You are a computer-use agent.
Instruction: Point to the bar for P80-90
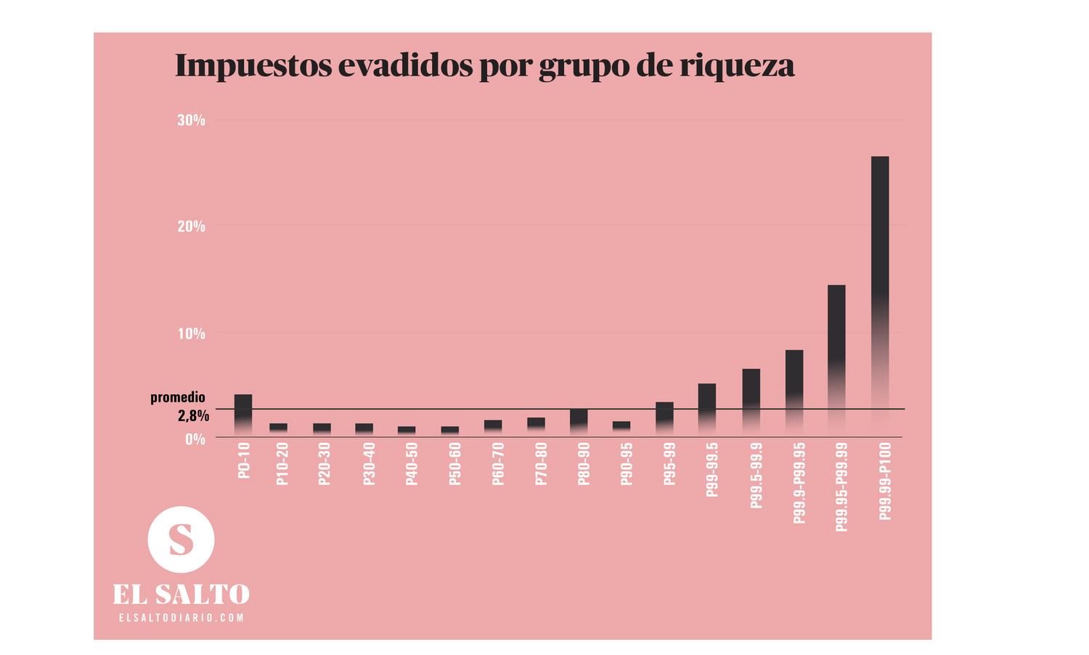(579, 420)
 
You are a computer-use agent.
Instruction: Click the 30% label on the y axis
(191, 121)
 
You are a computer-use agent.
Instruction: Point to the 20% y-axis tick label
(191, 227)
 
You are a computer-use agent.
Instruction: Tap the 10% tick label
(191, 334)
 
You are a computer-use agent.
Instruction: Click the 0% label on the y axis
(195, 439)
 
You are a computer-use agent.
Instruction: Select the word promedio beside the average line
(178, 398)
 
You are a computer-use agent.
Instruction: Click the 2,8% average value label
(193, 416)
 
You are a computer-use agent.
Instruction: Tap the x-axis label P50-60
(454, 464)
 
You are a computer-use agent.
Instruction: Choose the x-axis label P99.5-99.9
(756, 476)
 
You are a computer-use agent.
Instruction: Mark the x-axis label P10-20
(282, 464)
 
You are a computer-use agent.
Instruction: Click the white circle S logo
(181, 540)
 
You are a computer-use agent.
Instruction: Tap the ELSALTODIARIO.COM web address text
(181, 618)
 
